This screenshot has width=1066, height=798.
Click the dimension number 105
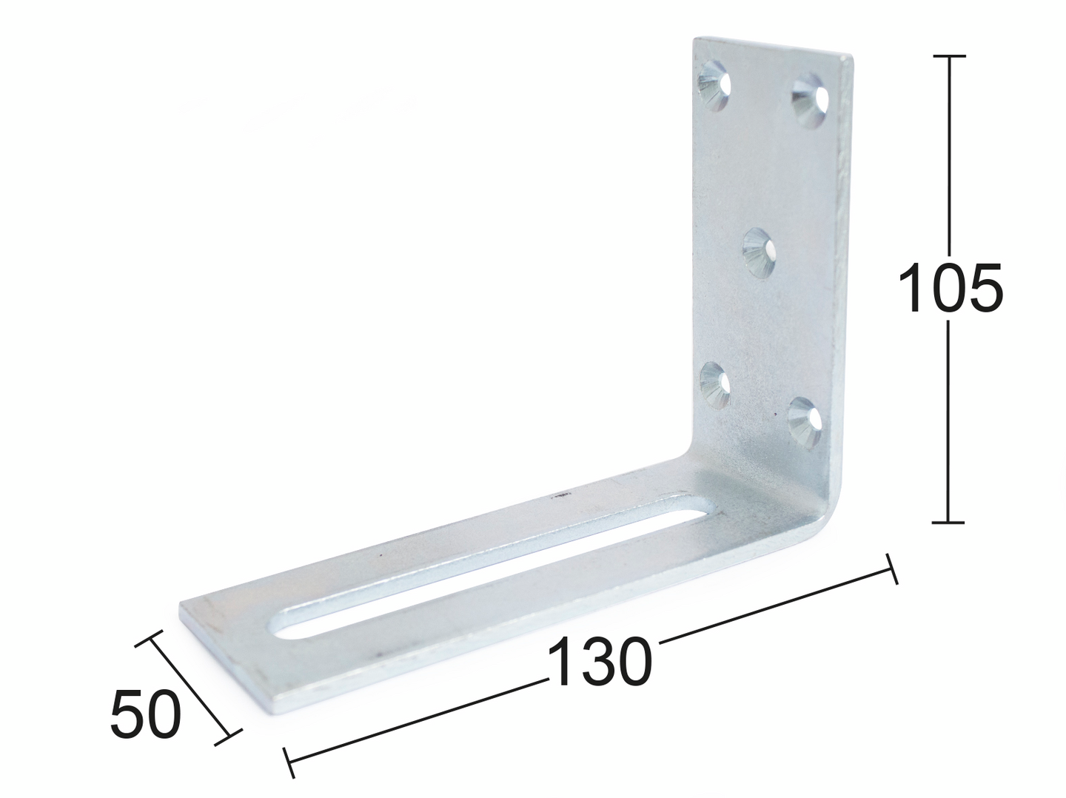950,287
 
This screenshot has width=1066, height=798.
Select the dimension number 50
145,713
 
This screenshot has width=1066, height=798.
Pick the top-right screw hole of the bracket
810,101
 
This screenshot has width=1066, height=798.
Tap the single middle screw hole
759,253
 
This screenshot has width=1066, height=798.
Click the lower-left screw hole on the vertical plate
715,384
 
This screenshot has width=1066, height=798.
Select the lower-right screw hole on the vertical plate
805,422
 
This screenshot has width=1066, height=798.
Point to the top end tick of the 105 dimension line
948,56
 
